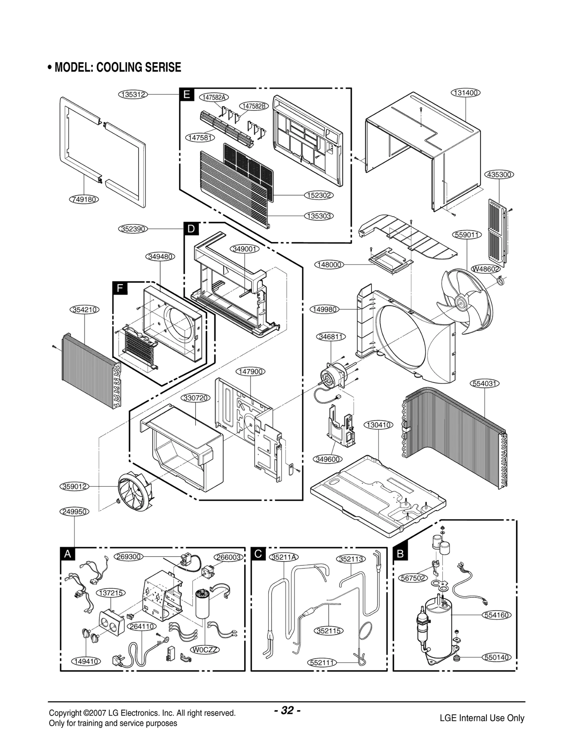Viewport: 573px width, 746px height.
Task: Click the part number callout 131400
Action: pos(465,93)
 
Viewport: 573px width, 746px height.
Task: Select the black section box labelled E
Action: pos(187,95)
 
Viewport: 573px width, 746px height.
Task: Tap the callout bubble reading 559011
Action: pos(467,235)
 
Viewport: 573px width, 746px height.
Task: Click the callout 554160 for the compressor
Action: pos(497,615)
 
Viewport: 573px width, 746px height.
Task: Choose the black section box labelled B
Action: pos(400,554)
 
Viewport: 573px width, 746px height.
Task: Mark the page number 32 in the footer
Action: pos(287,710)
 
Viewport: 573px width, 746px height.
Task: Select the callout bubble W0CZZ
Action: pos(205,649)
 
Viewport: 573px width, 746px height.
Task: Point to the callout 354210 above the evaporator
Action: pos(85,309)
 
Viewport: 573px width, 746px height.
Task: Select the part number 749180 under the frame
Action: pos(84,199)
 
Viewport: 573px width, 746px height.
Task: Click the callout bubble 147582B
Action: pos(254,106)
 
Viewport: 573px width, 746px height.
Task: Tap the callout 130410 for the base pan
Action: pos(379,425)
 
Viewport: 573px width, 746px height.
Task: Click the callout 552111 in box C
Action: pos(322,662)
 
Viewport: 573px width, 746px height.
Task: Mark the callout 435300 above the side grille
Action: pos(499,175)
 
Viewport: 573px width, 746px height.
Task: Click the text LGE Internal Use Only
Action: pos(482,718)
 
